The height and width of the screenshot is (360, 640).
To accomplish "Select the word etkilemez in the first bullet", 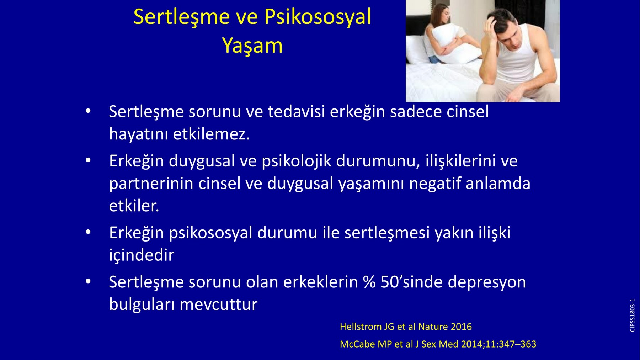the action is pyautogui.click(x=211, y=134).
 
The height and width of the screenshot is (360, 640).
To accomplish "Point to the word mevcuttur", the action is pyautogui.click(x=218, y=305).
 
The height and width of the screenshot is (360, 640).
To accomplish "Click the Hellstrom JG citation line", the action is pyautogui.click(x=406, y=327).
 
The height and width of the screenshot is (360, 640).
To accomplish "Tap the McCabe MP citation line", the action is pyautogui.click(x=438, y=344).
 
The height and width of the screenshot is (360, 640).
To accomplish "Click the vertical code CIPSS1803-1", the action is pyautogui.click(x=632, y=315).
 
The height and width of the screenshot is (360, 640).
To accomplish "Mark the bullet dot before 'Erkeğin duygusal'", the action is pyautogui.click(x=88, y=161).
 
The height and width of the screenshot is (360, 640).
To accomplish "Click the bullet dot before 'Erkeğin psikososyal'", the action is pyautogui.click(x=88, y=233).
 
